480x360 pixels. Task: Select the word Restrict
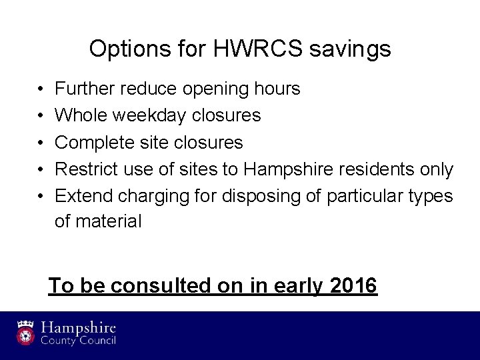85,169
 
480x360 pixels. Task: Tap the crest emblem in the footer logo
25,331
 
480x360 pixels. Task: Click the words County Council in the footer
79,341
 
